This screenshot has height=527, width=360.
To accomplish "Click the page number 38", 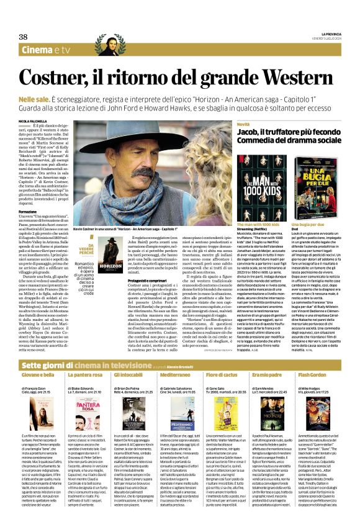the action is (x=24, y=37).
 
